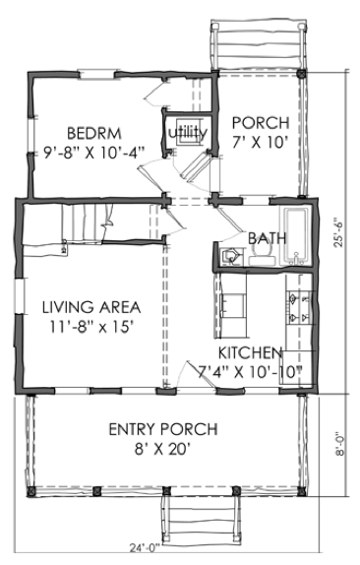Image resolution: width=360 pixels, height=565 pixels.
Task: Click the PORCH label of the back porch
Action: point(260,123)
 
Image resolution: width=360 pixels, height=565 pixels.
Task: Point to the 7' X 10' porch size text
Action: point(260,143)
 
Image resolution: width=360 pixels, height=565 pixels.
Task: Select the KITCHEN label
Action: point(251,352)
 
